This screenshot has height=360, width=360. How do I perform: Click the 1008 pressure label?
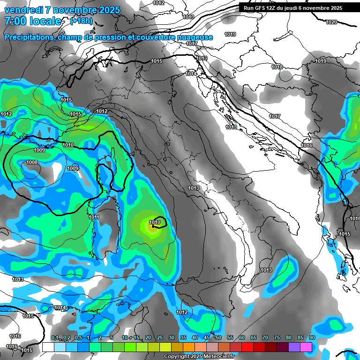pos(32,162)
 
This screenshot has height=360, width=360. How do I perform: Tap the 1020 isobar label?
pos(331,22)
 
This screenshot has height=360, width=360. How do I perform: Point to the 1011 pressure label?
pos(94,217)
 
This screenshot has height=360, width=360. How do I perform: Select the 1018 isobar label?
pos(277,67)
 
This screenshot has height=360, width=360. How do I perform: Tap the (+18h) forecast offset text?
pos(81,21)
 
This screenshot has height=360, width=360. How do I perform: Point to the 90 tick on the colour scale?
pos(312,338)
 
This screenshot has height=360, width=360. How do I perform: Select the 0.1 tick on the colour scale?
pos(54,338)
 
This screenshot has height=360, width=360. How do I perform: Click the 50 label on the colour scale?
pos(218,338)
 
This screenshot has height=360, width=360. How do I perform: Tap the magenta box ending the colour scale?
pos(306,347)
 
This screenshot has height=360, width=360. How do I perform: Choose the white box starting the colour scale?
pos(48,347)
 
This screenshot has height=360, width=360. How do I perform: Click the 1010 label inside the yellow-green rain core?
pos(155,222)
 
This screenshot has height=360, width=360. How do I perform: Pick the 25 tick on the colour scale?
pos(159,338)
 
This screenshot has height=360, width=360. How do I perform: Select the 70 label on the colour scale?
pos(265,338)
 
